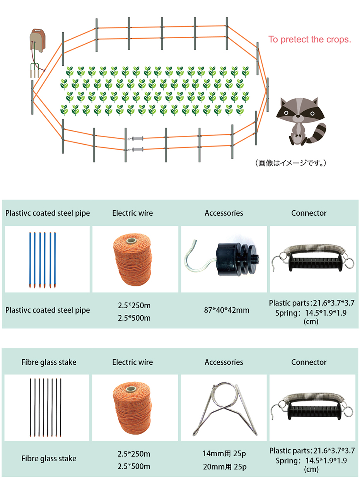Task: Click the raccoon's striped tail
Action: coord(319,133)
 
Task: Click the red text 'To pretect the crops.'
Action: coord(310,39)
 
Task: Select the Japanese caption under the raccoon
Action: coord(291,163)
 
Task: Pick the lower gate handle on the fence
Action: coord(138,149)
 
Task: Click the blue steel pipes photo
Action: coord(43,259)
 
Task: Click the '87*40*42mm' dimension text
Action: coord(224,310)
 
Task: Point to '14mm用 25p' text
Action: coord(224,453)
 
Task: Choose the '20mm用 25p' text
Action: coord(224,467)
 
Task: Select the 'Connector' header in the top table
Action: coord(309,213)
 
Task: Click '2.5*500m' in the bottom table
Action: coord(134,466)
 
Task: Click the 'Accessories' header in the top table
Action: coord(224,213)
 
